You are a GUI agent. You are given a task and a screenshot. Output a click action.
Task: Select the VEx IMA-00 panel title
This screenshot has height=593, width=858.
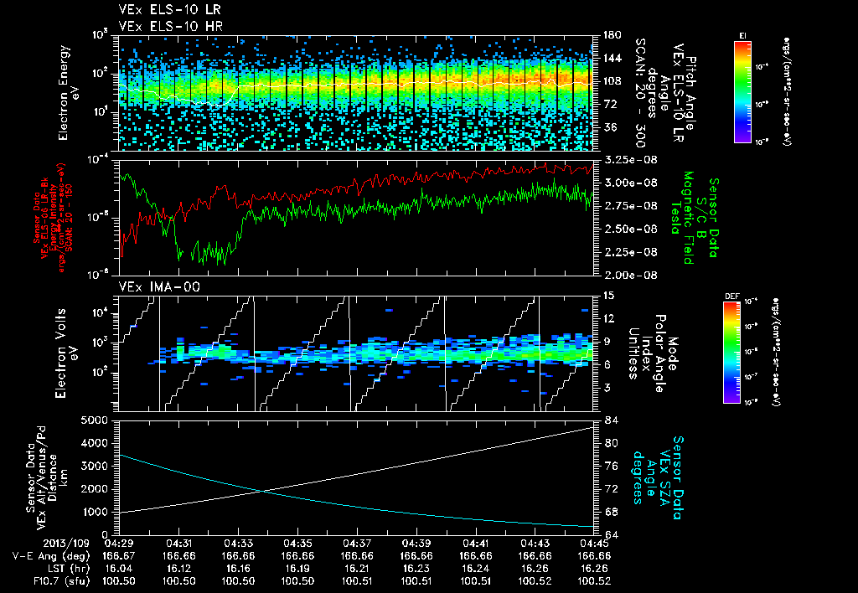pyautogui.click(x=152, y=287)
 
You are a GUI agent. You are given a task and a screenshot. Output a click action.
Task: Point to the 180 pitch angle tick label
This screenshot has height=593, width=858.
pyautogui.click(x=611, y=35)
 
